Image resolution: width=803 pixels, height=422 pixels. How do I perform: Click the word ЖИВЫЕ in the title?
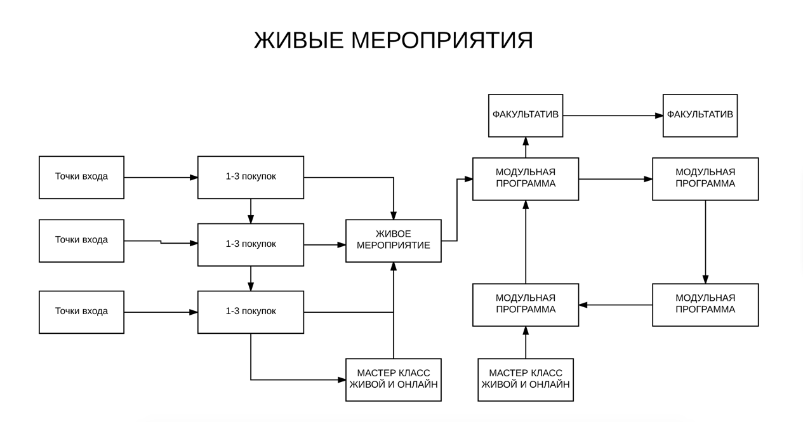coord(298,40)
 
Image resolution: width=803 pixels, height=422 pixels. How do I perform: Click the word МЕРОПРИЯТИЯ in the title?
coord(442,40)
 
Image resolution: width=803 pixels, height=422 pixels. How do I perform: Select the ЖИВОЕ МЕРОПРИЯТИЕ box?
coord(394,241)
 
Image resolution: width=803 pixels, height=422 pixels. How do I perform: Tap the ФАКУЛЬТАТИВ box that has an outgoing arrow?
coord(526,115)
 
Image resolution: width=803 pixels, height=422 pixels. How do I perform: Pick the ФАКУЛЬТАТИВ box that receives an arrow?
coord(700,115)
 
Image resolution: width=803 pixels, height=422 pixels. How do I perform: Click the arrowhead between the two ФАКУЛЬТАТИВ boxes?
coord(659,115)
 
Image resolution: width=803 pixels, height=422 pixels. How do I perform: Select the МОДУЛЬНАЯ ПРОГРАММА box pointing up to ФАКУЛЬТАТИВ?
coord(526,179)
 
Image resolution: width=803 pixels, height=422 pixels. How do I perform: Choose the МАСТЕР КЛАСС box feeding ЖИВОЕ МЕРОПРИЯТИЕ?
coord(394,379)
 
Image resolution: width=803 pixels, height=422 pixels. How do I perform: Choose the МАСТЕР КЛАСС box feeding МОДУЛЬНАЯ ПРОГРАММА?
coord(526,379)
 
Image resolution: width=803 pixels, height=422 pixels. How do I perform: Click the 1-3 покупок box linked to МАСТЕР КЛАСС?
coord(251,312)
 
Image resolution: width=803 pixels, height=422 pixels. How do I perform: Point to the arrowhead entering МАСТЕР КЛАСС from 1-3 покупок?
coord(342,379)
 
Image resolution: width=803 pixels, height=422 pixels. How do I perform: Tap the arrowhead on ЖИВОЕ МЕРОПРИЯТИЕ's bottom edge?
coord(394,267)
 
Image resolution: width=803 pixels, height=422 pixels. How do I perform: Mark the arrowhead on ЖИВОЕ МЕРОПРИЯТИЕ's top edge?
coord(394,215)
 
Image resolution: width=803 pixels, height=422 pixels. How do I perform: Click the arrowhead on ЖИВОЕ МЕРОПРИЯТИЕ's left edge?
coord(342,245)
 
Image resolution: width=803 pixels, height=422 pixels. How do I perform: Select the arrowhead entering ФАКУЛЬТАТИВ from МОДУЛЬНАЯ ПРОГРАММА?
coord(526,141)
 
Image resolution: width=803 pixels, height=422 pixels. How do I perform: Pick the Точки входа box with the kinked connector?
coord(81,241)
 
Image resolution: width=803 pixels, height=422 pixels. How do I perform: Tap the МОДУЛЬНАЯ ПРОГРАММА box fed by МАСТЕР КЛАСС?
coord(526,305)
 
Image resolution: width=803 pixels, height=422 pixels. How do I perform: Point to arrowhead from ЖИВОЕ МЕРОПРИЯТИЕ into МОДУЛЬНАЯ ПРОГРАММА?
coord(468,179)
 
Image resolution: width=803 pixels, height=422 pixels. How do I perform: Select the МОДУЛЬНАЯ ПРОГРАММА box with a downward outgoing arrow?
coord(705,179)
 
